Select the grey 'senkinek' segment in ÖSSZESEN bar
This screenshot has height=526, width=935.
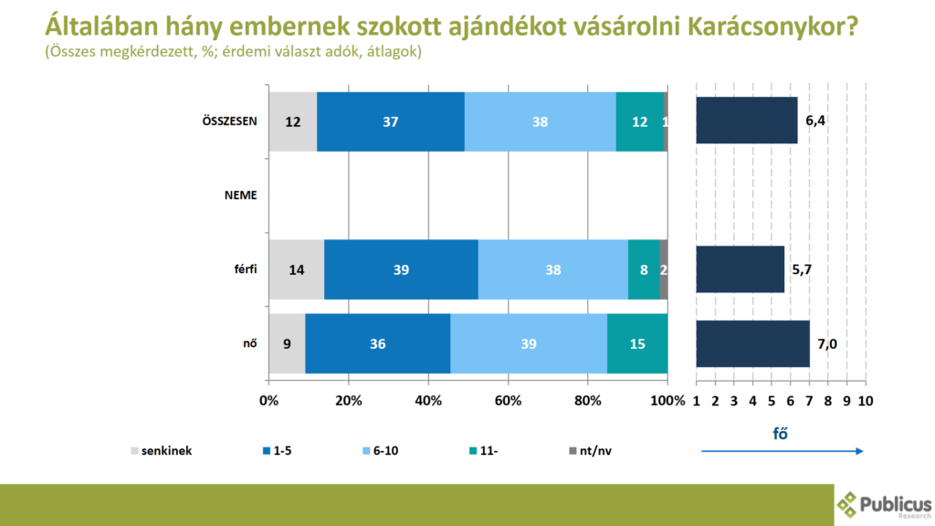click(292, 121)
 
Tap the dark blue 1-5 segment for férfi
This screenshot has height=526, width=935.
click(401, 269)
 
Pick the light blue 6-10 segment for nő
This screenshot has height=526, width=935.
click(528, 343)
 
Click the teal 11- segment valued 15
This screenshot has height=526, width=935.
click(636, 343)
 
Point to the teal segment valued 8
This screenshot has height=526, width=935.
click(644, 269)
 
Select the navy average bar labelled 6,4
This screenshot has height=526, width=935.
click(746, 121)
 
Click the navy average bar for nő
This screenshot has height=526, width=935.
click(752, 343)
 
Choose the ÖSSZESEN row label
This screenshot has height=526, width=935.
click(229, 121)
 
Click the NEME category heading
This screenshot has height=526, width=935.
click(241, 195)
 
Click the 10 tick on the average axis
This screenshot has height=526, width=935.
click(865, 400)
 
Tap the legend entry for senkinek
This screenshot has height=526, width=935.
click(162, 450)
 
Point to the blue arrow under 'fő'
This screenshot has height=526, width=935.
click(782, 450)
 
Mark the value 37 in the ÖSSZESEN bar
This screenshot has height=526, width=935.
click(391, 121)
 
